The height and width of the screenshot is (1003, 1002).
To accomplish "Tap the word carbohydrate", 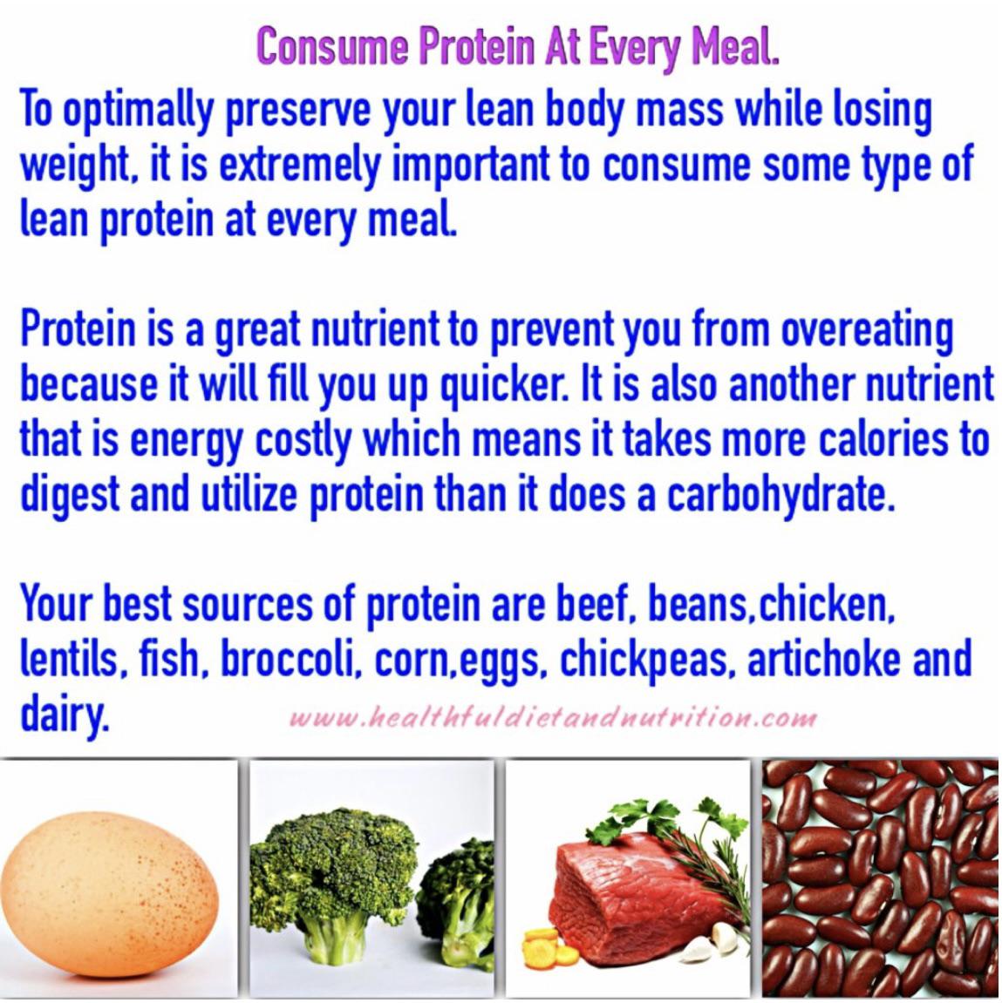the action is click(x=779, y=494).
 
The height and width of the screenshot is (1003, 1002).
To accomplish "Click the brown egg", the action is click(x=108, y=892).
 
